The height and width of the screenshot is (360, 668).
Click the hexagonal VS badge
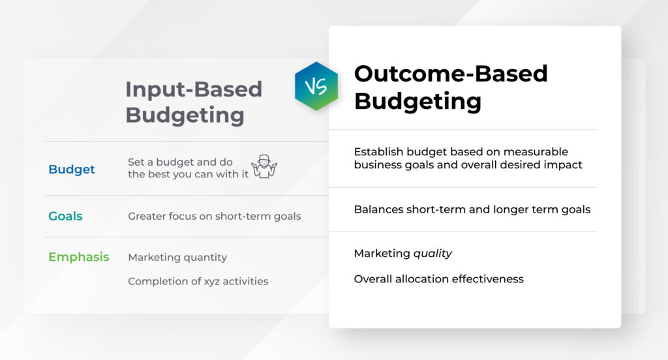316,86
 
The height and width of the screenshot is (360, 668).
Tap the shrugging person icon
264,168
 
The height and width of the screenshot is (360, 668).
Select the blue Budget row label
72,170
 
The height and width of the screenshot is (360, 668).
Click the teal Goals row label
65,216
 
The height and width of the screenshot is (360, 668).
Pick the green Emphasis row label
79,257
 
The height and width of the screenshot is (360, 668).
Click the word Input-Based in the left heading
194,89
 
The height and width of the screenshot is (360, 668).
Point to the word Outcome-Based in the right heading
451,74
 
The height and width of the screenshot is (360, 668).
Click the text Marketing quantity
177,258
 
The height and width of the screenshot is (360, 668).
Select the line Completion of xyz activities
198,282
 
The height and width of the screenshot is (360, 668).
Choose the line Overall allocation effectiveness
438,279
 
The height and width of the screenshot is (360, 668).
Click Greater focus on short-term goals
214,217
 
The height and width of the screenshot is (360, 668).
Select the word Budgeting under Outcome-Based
417,101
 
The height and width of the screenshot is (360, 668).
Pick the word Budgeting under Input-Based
185,115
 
